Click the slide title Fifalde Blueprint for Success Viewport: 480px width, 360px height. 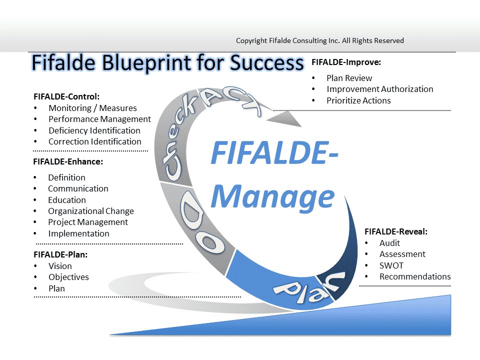(168, 63)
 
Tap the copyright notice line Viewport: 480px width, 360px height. (320, 40)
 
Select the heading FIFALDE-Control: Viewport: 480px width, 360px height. (66, 96)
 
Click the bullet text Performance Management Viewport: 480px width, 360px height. (99, 119)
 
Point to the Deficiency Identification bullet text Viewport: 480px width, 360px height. (94, 130)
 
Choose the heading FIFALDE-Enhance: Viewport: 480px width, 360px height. (68, 161)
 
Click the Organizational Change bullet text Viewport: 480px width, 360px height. (91, 211)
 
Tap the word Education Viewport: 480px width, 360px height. (66, 200)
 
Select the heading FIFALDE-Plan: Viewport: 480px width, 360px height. (60, 254)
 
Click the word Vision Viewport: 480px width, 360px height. (60, 266)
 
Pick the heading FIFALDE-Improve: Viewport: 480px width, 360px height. (346, 62)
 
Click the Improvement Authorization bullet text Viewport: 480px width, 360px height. (380, 89)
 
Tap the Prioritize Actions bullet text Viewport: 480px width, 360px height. (358, 100)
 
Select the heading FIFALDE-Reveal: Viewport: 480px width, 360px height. (396, 231)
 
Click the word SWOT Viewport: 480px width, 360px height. (391, 265)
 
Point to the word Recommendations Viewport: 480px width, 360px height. (415, 276)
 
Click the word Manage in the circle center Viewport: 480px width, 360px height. (273, 197)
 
